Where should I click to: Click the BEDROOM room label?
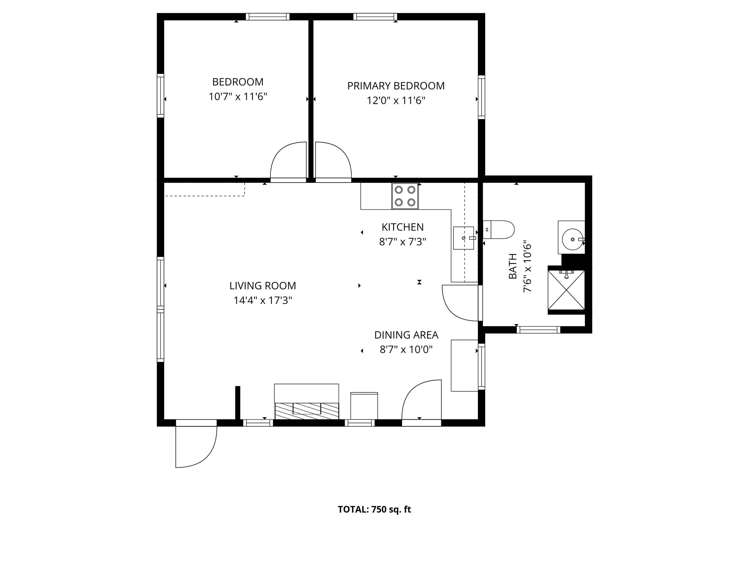(x=238, y=82)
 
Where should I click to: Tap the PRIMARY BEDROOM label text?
(x=396, y=86)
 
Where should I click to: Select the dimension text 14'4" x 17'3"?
(x=263, y=301)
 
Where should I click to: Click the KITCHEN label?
(x=403, y=227)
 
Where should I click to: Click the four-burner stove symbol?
(x=405, y=196)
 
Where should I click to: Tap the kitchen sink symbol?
(x=463, y=238)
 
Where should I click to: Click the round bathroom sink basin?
(x=572, y=239)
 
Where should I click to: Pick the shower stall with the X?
(x=566, y=290)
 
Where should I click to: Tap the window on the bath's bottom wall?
(x=538, y=330)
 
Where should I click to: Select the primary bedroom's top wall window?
(x=375, y=17)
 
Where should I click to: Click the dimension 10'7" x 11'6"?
(x=238, y=97)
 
